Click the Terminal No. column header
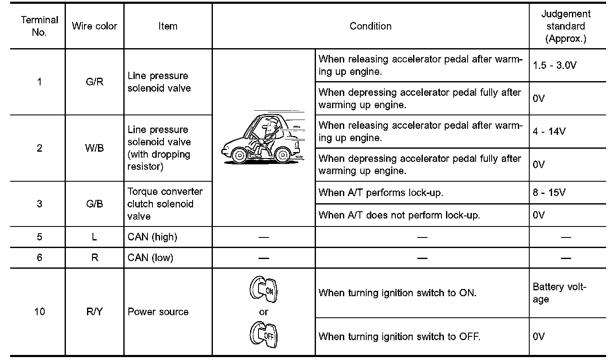click(39, 26)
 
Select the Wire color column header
click(94, 26)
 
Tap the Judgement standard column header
click(566, 26)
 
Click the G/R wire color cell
click(94, 82)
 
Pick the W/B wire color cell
click(94, 148)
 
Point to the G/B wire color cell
click(94, 204)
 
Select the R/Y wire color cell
click(94, 312)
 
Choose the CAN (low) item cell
click(150, 258)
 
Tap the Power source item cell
click(158, 312)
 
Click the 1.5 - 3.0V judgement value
click(555, 65)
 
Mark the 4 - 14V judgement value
click(549, 131)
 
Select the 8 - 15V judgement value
click(549, 193)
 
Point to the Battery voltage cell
click(559, 293)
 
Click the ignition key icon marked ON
click(263, 289)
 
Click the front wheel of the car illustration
click(240, 155)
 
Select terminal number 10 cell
click(39, 312)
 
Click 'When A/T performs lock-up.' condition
click(381, 193)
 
